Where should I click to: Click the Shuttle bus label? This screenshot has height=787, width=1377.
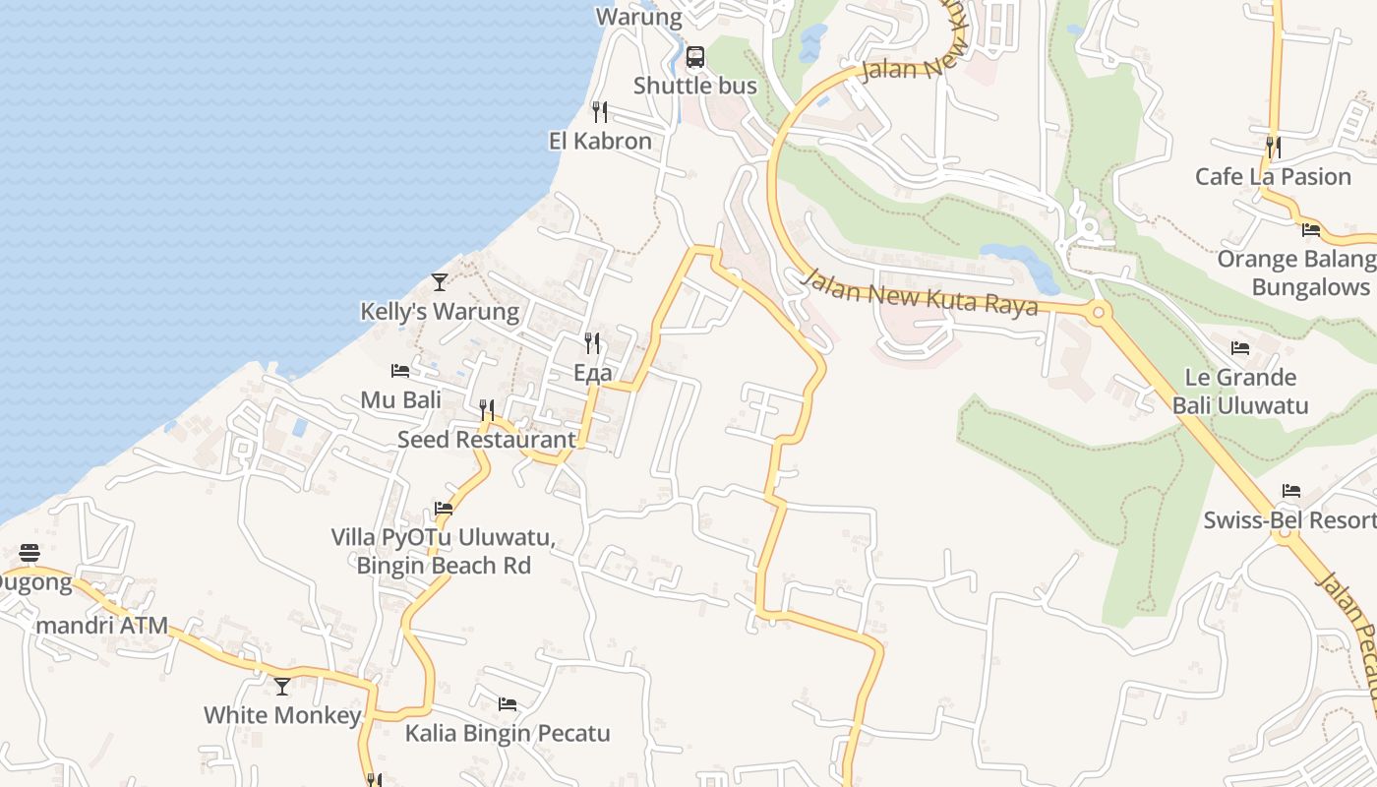click(x=694, y=86)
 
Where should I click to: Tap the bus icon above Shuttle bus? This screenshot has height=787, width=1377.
click(x=695, y=57)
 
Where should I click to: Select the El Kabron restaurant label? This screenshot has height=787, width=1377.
click(x=600, y=141)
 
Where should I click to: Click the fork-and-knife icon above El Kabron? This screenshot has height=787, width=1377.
click(x=600, y=111)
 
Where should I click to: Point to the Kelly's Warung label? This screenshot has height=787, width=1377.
click(x=440, y=312)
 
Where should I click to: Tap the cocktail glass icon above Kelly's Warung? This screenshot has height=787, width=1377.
click(x=440, y=282)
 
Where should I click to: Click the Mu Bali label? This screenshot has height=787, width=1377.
click(x=400, y=400)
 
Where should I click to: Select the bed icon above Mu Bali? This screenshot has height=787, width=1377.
click(x=400, y=371)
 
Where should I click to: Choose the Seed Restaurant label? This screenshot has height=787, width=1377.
click(x=486, y=440)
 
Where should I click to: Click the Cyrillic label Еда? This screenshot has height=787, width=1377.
click(x=593, y=373)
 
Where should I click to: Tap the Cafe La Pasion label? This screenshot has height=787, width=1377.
click(x=1273, y=177)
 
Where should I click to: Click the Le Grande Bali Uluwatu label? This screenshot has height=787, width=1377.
click(x=1239, y=391)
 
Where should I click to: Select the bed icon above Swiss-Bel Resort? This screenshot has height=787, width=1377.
click(x=1291, y=491)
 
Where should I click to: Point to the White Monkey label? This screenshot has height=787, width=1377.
click(x=282, y=715)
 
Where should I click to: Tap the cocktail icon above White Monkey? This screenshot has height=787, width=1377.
click(x=282, y=686)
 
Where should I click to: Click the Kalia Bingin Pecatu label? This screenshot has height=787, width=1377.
click(x=508, y=734)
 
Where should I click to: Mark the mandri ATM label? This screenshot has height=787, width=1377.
click(x=101, y=626)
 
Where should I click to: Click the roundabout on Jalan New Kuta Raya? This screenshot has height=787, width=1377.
click(x=1098, y=314)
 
